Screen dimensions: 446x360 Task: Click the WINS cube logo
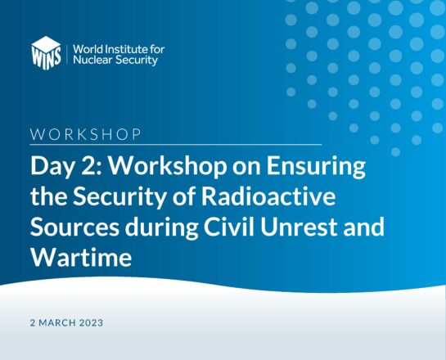tap(46, 53)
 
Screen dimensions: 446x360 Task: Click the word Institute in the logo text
tap(125, 49)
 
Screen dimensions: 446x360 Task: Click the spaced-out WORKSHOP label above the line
tap(86, 134)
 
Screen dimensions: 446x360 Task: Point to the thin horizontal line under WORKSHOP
tap(176, 145)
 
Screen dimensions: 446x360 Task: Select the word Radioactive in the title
tap(268, 196)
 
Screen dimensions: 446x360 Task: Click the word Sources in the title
tap(74, 227)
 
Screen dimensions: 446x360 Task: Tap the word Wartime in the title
tap(81, 258)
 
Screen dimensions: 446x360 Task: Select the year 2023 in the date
tap(91, 322)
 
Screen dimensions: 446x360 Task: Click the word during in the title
tap(161, 227)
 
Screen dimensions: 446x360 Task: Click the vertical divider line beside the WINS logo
tap(67, 54)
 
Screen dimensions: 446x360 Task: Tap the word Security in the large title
tap(119, 197)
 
